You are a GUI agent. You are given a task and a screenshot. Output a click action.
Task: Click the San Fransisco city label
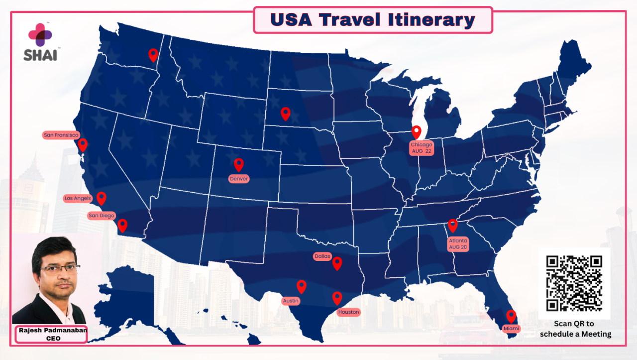click(x=61, y=135)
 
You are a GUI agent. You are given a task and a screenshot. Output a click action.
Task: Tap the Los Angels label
click(x=78, y=198)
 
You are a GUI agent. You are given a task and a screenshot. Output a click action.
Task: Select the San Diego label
click(x=101, y=216)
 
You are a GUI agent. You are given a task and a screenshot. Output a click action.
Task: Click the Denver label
click(x=239, y=179)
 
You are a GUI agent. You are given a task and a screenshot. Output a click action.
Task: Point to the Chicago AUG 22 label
click(x=421, y=148)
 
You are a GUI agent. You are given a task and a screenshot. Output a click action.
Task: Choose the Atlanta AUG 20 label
click(x=458, y=244)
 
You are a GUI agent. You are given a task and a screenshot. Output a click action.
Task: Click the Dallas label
click(x=322, y=256)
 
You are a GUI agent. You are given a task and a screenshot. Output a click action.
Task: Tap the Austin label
click(x=291, y=301)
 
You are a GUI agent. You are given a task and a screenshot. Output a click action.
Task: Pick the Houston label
click(x=348, y=312)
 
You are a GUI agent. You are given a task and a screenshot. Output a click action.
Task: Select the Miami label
click(x=511, y=329)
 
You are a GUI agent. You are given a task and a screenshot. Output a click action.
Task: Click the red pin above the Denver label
click(x=239, y=165)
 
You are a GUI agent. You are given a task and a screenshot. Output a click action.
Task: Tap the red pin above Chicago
click(x=417, y=132)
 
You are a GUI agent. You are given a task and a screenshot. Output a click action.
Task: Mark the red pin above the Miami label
click(x=511, y=316)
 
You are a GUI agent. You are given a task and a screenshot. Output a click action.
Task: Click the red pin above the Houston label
click(x=337, y=298)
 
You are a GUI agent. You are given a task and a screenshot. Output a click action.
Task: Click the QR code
click(x=574, y=283)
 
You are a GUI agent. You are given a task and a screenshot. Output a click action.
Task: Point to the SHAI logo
click(x=40, y=42)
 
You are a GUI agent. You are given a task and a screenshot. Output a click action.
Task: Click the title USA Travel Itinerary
click(x=373, y=20)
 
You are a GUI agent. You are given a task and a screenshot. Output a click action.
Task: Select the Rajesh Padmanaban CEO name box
click(x=51, y=334)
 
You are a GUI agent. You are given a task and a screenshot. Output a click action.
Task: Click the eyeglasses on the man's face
click(x=60, y=269)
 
